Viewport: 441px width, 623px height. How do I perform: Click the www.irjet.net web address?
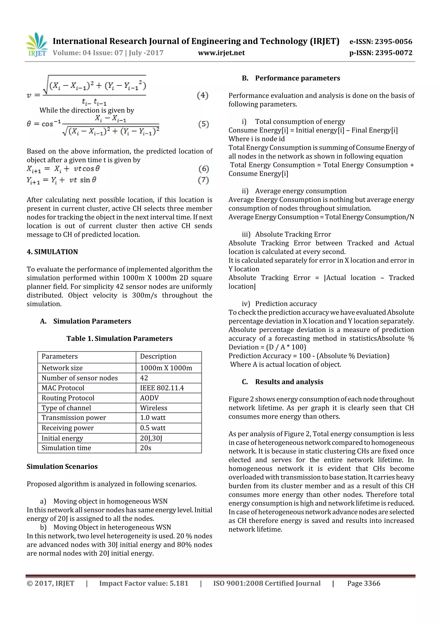[221, 53]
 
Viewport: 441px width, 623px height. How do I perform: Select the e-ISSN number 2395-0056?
[381, 42]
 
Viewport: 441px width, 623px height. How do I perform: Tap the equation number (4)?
[202, 95]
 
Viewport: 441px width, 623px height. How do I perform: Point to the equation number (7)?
[203, 180]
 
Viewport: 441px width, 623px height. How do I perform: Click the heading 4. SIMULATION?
[52, 252]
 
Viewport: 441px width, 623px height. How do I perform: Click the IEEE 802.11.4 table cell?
[162, 388]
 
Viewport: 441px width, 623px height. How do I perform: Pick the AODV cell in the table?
[149, 398]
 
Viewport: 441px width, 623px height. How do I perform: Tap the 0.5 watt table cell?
[153, 428]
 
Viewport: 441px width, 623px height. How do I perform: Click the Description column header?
[158, 356]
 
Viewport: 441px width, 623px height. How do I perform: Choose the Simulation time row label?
[66, 448]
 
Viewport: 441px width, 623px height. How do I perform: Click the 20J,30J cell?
[151, 438]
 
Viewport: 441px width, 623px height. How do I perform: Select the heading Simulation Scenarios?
[62, 466]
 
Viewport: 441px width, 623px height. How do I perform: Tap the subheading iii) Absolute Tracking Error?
[286, 234]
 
